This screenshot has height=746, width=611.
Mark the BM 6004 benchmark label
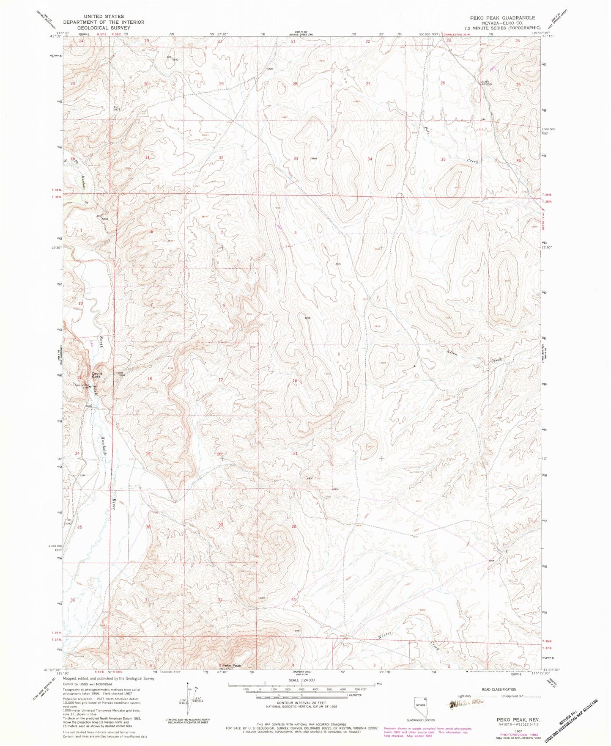point(487,84)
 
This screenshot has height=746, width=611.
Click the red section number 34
point(370,159)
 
